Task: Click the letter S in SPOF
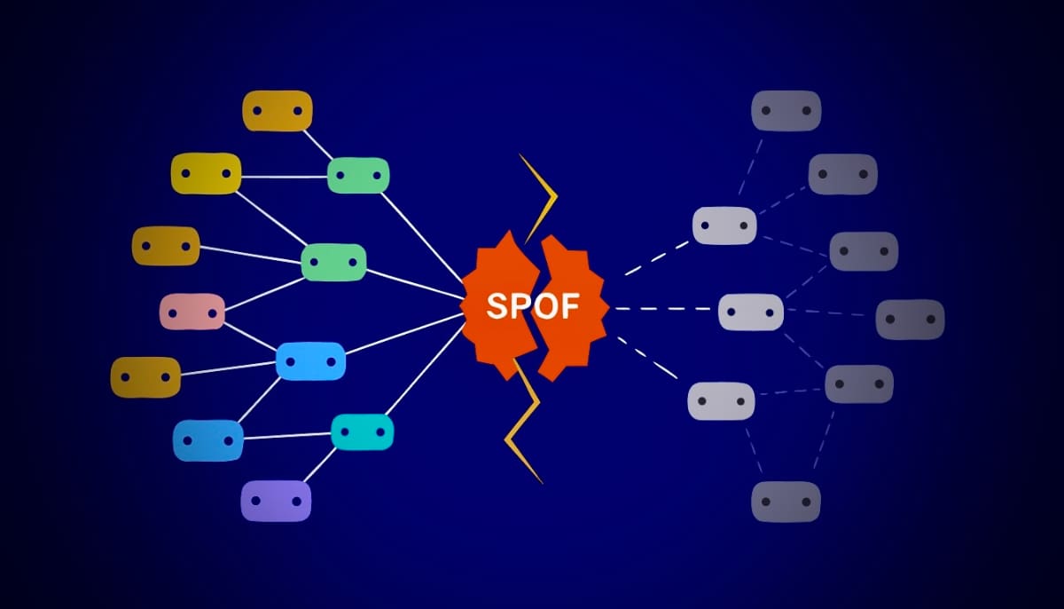[x=497, y=305]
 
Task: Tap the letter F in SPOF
[x=569, y=305]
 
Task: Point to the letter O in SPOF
[x=544, y=305]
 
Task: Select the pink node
[x=192, y=312]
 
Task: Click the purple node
[x=276, y=501]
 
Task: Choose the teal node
[x=363, y=431]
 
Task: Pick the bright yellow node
[x=206, y=173]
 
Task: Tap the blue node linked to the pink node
[x=310, y=361]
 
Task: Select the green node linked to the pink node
[x=334, y=263]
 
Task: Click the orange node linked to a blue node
[x=145, y=377]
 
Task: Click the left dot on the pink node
[x=173, y=313]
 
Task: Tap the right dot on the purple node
[x=296, y=501]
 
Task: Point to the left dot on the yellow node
[x=186, y=173]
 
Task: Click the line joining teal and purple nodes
[x=320, y=465]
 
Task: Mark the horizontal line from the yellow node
[x=284, y=177]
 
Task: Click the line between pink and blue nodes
[x=250, y=336]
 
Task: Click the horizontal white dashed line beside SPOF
[x=662, y=309]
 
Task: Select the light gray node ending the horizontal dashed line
[x=751, y=312]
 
